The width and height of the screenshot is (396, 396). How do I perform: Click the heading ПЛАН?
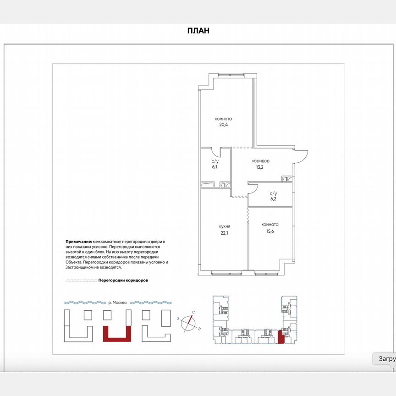[198, 31]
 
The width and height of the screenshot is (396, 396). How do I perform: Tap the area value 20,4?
[224, 125]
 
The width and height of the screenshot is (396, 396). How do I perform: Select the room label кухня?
[225, 226]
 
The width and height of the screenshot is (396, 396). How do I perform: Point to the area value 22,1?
[224, 233]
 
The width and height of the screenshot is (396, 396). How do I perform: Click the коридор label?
[261, 161]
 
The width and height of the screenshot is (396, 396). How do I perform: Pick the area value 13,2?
[259, 167]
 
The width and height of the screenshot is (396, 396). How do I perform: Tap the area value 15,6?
[270, 231]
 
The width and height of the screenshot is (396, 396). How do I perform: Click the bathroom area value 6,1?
[214, 167]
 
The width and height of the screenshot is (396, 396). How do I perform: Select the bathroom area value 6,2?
[273, 199]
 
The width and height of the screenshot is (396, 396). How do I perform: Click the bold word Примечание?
[79, 242]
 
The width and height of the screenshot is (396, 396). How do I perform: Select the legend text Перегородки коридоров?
[123, 280]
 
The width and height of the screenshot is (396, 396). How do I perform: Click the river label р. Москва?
[117, 302]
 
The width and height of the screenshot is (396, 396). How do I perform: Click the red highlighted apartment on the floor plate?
[281, 337]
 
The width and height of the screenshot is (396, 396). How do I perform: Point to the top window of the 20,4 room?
[231, 75]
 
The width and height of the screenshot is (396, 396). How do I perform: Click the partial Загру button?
[385, 358]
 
